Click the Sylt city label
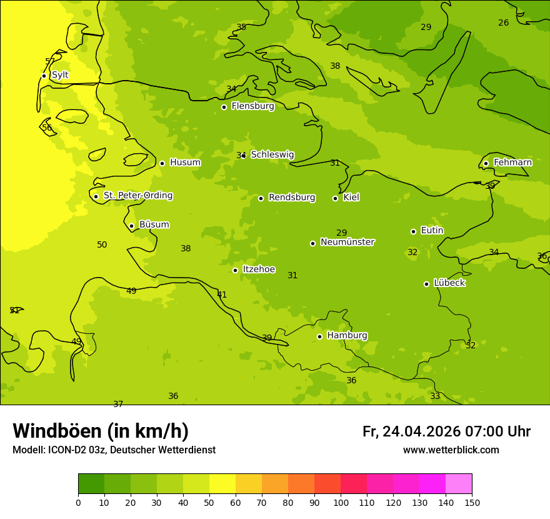point(60,75)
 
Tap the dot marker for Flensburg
point(224,107)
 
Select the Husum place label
point(185,163)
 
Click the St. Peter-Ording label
point(137,196)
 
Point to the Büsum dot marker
point(131,226)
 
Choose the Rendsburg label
point(292,198)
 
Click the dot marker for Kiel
point(335,198)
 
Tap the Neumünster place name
point(347,242)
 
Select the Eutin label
point(432,231)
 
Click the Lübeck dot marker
point(426,284)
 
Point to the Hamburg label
point(347,336)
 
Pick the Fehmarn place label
point(512,163)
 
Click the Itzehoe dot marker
point(235,270)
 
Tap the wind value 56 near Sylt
point(47,128)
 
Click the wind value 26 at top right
point(503,23)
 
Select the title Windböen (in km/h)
point(101,431)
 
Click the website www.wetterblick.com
point(451,450)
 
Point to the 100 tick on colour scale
point(341,502)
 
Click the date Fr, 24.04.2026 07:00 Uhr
point(446,431)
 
